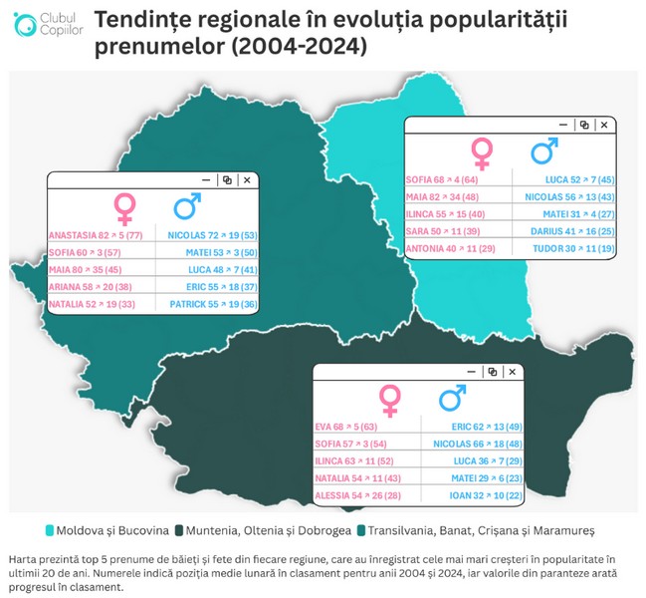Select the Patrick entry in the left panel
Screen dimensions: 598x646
[x=214, y=304]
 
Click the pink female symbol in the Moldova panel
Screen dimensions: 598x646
[x=482, y=152]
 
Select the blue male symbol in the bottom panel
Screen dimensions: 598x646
[x=454, y=400]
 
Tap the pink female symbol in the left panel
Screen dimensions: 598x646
[x=125, y=208]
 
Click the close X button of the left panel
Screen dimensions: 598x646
[x=247, y=179]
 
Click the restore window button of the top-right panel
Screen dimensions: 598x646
[x=584, y=125]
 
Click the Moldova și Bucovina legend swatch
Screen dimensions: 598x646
[x=50, y=530]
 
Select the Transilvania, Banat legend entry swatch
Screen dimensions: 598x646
[x=364, y=530]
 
